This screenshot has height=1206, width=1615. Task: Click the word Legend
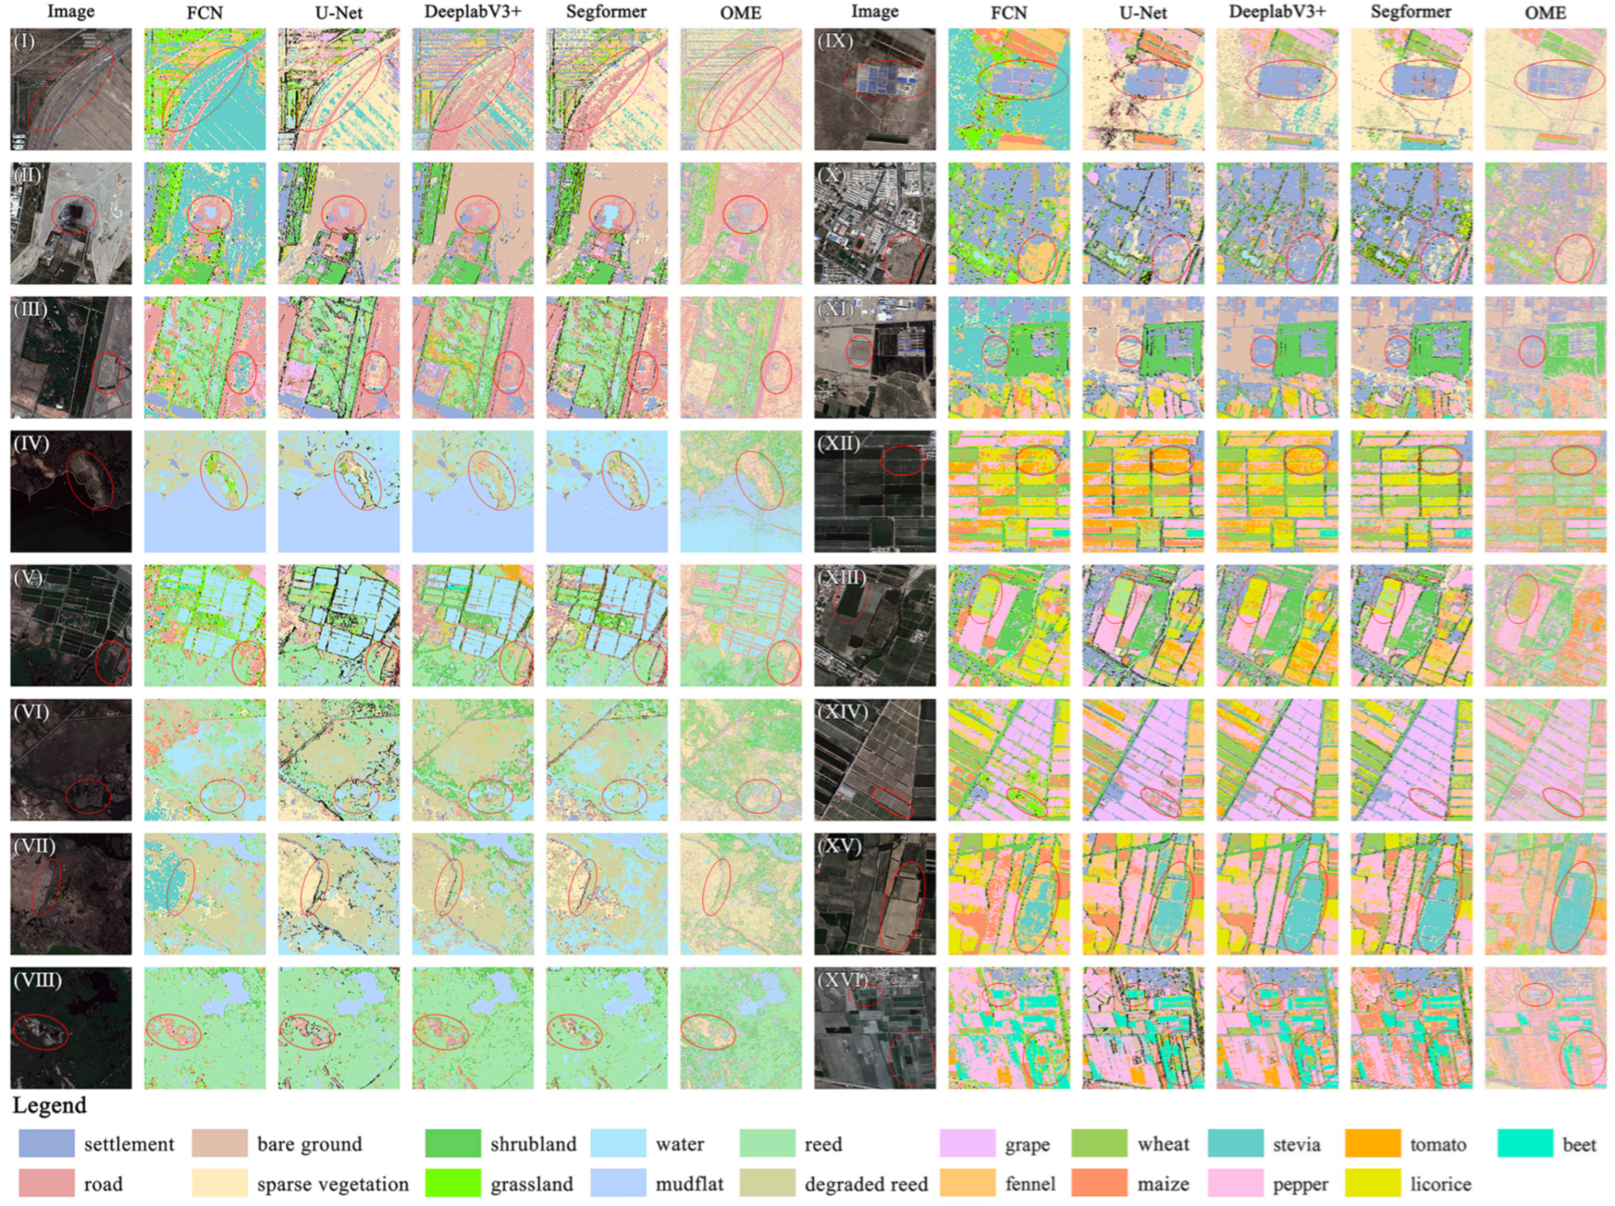[49, 1106]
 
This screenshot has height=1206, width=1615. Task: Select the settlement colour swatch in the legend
[47, 1144]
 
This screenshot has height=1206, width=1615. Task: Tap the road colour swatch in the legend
[47, 1183]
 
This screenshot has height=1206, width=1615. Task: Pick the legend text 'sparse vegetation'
[333, 1184]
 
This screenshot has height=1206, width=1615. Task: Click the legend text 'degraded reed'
[866, 1184]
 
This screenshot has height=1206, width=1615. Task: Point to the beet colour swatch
[1525, 1144]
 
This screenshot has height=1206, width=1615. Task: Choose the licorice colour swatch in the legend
[1373, 1183]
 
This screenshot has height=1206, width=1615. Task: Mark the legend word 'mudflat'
[689, 1184]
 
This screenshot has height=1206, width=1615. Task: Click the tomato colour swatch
[1373, 1144]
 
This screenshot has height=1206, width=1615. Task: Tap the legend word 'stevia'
[1297, 1145]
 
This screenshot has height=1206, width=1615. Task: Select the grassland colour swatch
[452, 1183]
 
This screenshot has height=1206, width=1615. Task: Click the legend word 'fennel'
[1029, 1184]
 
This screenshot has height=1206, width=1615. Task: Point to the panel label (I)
[25, 41]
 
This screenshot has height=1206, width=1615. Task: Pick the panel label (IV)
[31, 443]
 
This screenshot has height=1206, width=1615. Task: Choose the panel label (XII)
[839, 443]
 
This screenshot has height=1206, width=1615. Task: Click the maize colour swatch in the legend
[1099, 1183]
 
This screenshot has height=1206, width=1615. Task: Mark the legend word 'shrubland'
[533, 1145]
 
